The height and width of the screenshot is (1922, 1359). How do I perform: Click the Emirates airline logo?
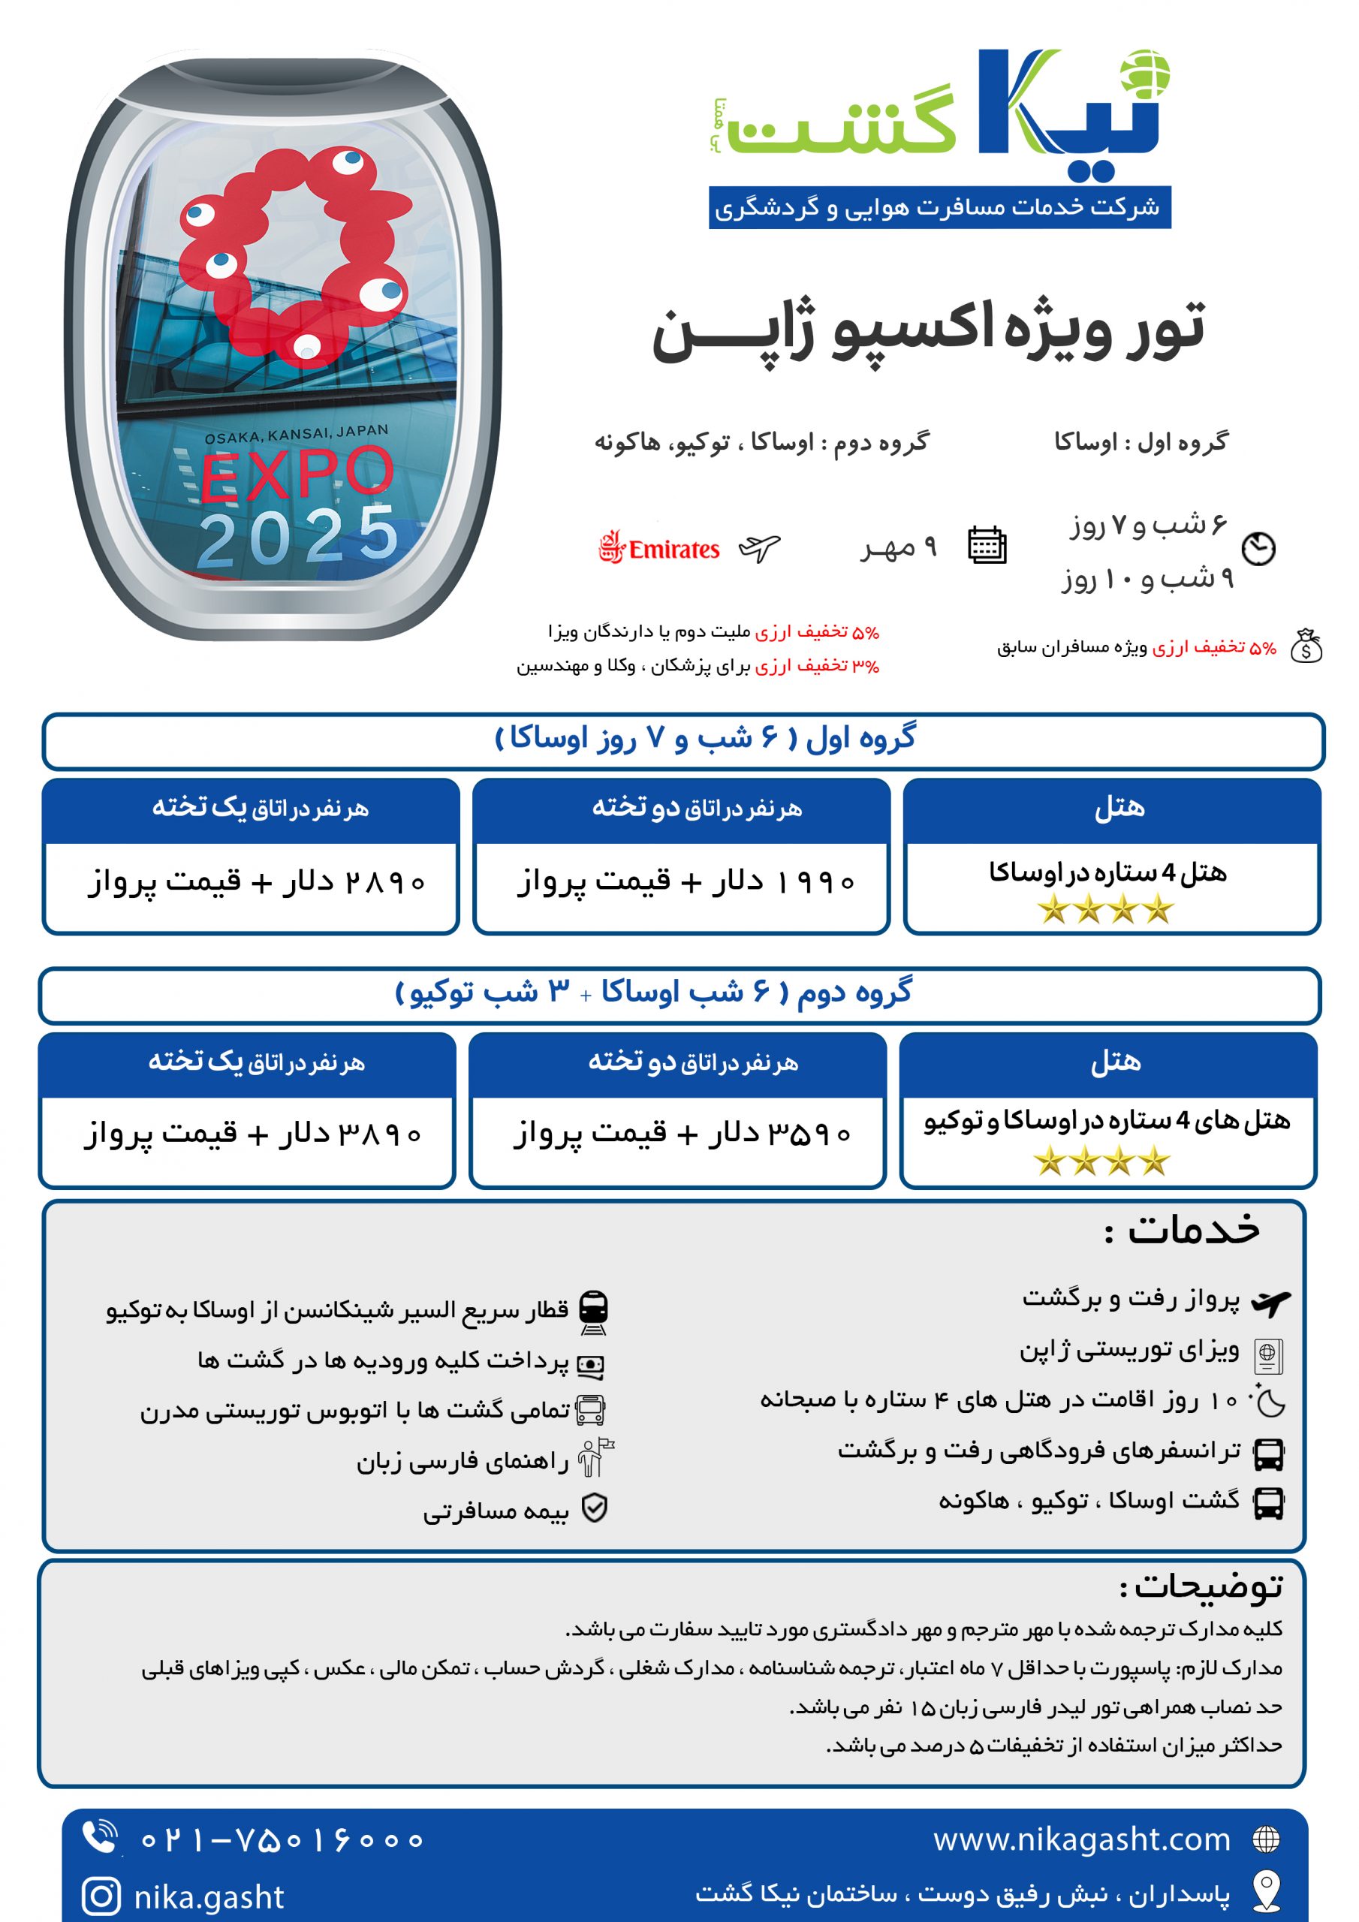coord(659,548)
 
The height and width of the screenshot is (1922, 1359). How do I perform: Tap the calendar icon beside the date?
coord(987,545)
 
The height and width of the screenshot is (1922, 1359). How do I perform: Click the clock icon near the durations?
coord(1258,548)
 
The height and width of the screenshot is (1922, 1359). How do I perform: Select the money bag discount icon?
coord(1306,646)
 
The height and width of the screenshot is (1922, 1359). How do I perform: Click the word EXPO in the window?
coord(297,474)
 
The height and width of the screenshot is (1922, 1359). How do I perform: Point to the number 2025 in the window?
coord(298,537)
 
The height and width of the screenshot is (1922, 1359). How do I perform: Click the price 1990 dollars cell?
coord(685,882)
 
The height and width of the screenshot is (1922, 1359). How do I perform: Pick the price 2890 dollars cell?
coord(256,882)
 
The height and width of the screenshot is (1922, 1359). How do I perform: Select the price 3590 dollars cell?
coord(682,1134)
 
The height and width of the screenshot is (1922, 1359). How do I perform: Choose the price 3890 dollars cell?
coord(252,1134)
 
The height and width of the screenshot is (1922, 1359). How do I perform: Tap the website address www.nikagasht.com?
coord(1082,1839)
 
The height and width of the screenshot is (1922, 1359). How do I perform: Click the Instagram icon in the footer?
coord(101,1895)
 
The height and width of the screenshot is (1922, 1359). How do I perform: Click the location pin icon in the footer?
coord(1266,1891)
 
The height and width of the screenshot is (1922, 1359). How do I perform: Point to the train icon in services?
coord(593,1312)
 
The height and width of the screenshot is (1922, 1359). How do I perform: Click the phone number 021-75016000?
coord(282,1840)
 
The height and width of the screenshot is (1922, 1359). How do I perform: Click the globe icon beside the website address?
coord(1265,1839)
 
